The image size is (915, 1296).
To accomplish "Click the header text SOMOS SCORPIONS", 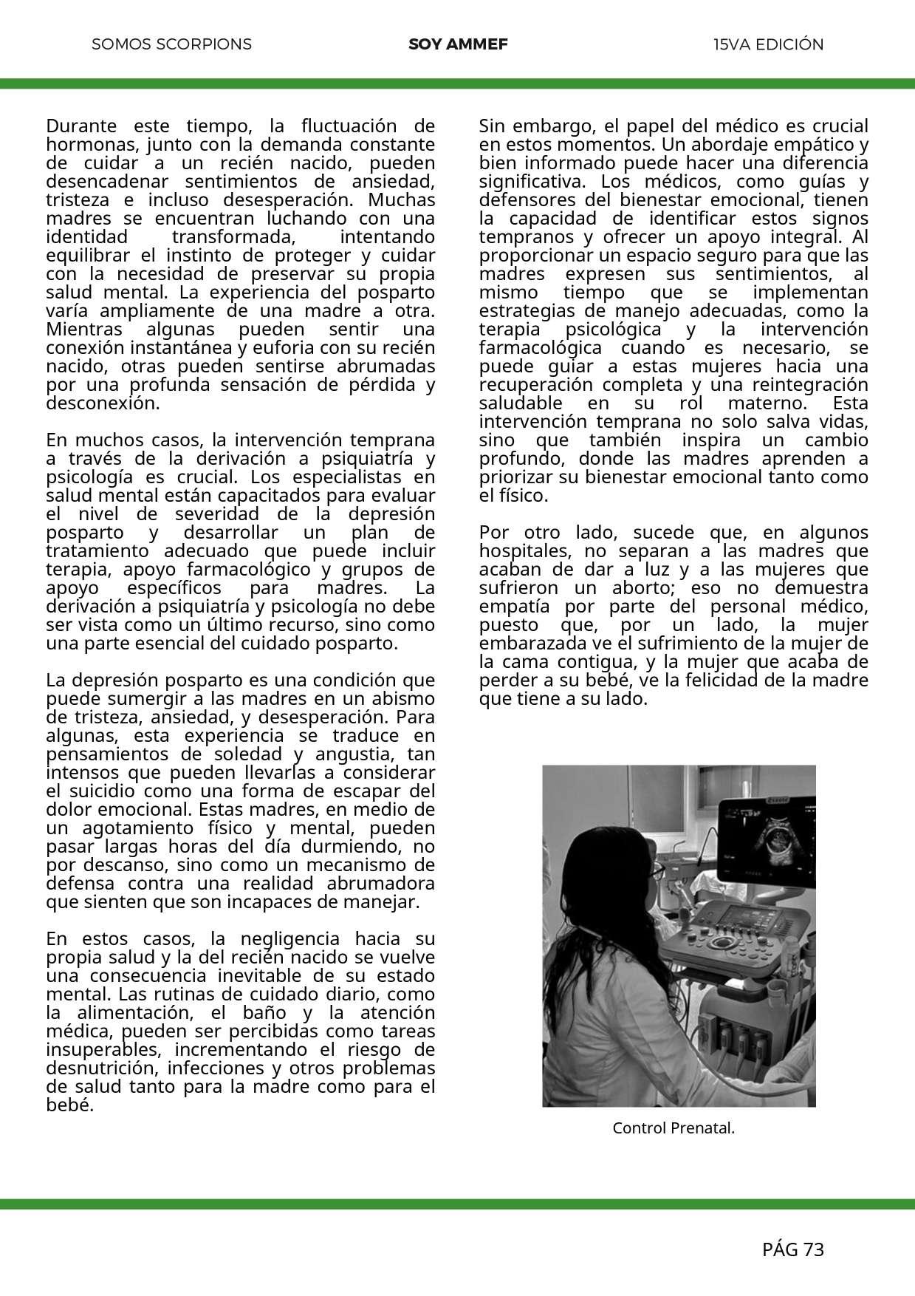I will (x=171, y=44).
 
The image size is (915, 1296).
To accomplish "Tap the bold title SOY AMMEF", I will (x=458, y=44).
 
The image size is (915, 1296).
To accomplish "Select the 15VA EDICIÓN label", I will (x=768, y=44).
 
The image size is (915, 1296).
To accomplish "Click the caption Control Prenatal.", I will (x=674, y=1128).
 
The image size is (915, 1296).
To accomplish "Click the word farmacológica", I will (x=540, y=347).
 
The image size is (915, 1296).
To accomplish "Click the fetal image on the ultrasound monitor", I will (x=779, y=843).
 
